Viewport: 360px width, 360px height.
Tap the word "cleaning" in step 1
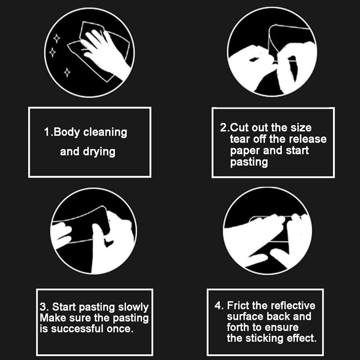click(105, 132)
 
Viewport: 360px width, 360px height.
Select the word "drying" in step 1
click(99, 152)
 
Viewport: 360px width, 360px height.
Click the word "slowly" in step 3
click(133, 307)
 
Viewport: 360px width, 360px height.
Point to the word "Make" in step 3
click(52, 318)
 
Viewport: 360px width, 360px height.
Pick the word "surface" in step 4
click(243, 317)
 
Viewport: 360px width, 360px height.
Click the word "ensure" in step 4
click(283, 328)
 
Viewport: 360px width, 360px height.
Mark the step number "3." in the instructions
click(44, 307)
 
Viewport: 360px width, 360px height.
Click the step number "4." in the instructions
click(219, 306)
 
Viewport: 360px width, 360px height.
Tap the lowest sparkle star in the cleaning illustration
click(67, 71)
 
